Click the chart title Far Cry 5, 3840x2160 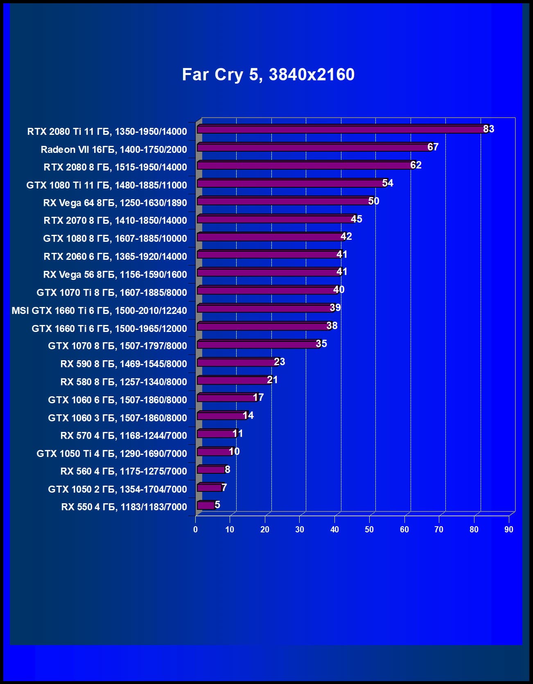pos(268,75)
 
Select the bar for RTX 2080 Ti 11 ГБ pos(340,130)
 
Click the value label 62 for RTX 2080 pos(416,165)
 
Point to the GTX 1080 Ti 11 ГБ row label pos(106,185)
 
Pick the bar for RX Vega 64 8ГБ pos(282,201)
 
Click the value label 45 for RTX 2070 pos(357,219)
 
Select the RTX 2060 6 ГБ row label pos(115,257)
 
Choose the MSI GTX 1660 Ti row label pos(99,311)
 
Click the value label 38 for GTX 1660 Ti pos(332,326)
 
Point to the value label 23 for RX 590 pos(280,362)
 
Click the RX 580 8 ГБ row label pos(124,382)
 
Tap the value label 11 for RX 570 pos(237,434)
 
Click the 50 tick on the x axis pos(369,529)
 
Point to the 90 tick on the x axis pos(508,529)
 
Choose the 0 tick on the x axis pos(195,529)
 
